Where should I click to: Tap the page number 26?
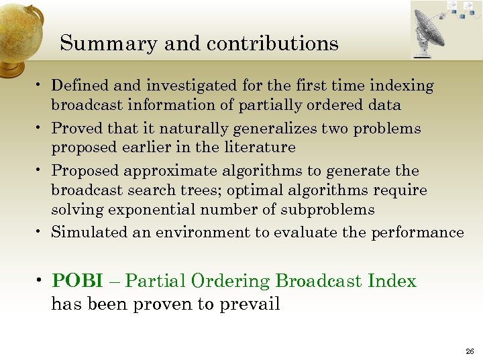[468, 351]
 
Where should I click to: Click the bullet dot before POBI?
[42, 282]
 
